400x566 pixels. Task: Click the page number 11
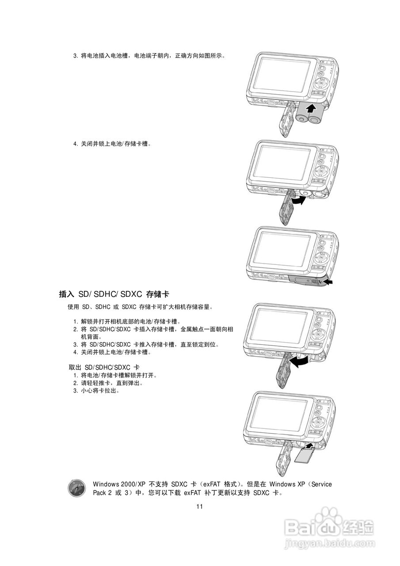pos(199,507)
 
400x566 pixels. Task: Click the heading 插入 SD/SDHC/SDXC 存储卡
pos(114,294)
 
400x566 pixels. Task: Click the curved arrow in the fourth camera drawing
pos(297,362)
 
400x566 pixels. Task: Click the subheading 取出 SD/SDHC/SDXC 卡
pos(104,367)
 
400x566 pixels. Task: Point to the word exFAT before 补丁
pos(194,493)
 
